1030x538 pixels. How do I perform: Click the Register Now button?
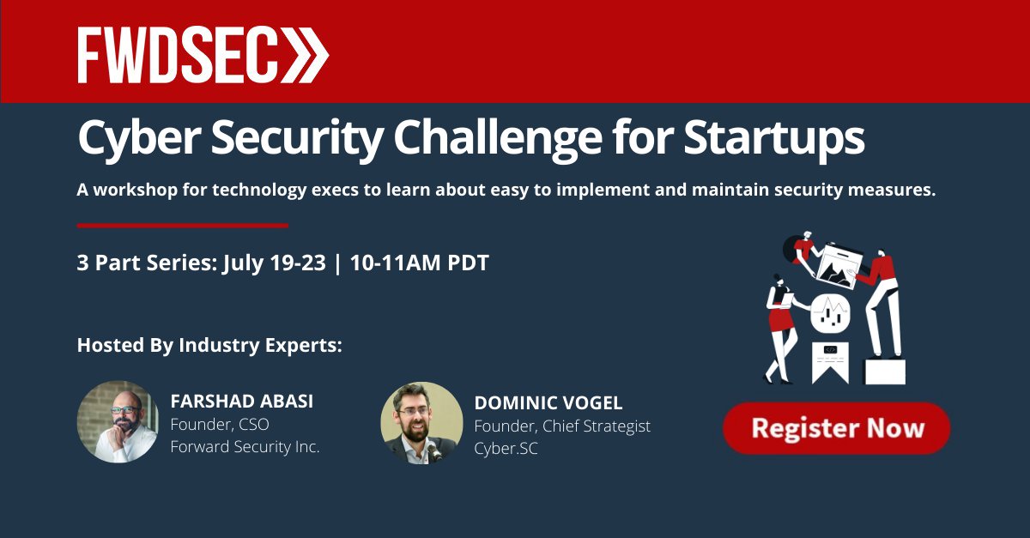[836, 427]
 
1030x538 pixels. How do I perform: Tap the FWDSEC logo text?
[176, 55]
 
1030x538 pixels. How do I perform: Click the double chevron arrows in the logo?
[302, 55]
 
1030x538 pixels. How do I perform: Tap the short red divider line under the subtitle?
[183, 226]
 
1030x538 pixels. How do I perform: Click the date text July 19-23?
[274, 263]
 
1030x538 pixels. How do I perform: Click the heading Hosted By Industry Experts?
[209, 346]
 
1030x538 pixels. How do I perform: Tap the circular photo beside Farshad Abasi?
[118, 422]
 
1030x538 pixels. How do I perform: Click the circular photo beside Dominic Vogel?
[421, 422]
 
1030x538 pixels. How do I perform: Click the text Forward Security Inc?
[245, 447]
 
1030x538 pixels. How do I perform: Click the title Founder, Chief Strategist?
[562, 426]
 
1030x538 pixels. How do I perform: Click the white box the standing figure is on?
[884, 371]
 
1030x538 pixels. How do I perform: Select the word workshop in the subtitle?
[134, 190]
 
